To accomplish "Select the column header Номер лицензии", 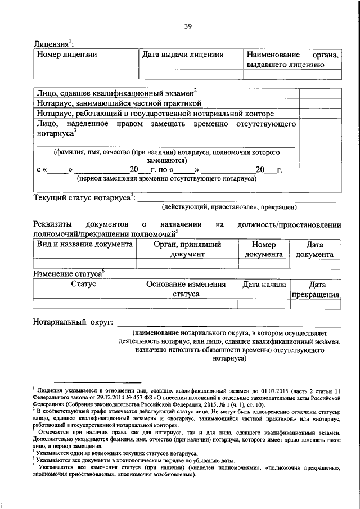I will (x=67, y=55).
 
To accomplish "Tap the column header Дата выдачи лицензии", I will (x=183, y=55).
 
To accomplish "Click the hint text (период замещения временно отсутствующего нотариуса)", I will (x=166, y=179).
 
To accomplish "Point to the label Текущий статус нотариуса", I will (x=82, y=198).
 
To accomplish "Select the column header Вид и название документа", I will (x=85, y=245).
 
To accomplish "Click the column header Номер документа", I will (x=263, y=249).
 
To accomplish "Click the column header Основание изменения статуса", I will (x=186, y=289).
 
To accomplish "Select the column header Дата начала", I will (x=264, y=285).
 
